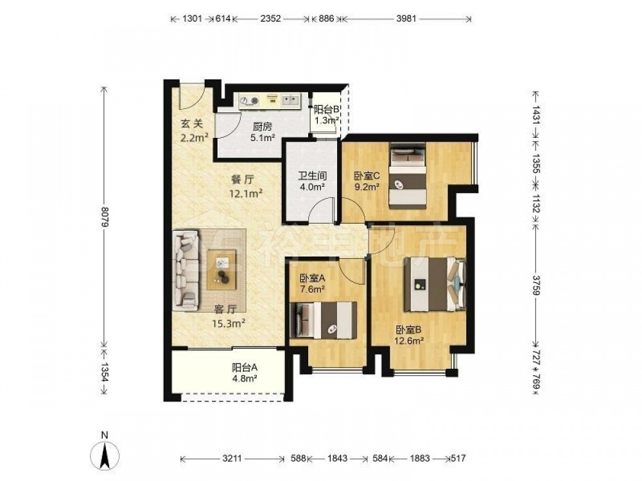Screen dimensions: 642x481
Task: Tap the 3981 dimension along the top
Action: pyautogui.click(x=406, y=19)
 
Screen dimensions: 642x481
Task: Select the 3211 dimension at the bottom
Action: pyautogui.click(x=232, y=459)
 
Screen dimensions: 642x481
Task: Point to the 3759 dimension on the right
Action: pyautogui.click(x=536, y=284)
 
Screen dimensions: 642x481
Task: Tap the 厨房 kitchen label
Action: pyautogui.click(x=263, y=127)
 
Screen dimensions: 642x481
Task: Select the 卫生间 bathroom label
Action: pyautogui.click(x=311, y=176)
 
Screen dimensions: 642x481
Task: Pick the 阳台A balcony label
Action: pyautogui.click(x=245, y=367)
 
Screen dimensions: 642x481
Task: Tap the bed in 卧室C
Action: pyautogui.click(x=408, y=176)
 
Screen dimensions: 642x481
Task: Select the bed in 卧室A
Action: pyautogui.click(x=324, y=321)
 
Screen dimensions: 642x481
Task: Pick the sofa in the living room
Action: pyautogui.click(x=187, y=270)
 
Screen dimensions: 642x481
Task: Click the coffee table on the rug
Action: pyautogui.click(x=221, y=270)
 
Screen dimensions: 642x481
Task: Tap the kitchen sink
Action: pyautogui.click(x=290, y=100)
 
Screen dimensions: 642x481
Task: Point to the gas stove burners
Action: pyautogui.click(x=250, y=100)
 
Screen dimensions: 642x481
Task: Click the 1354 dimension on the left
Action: pyautogui.click(x=105, y=372)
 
